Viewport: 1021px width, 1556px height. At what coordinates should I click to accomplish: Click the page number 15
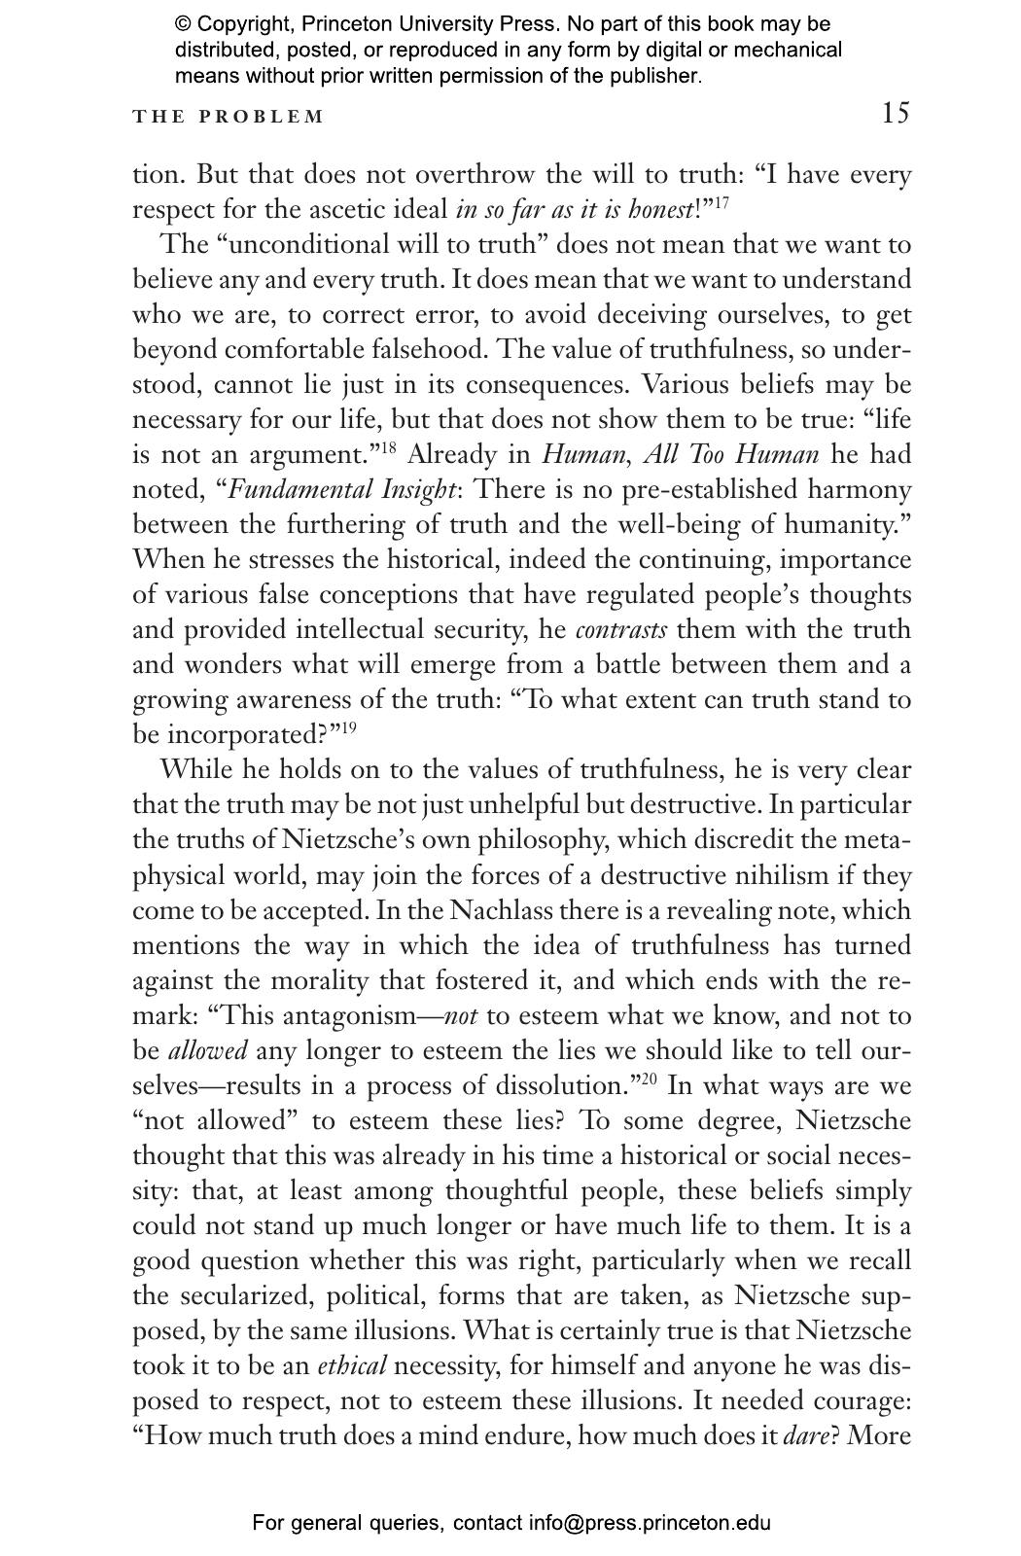pyautogui.click(x=896, y=114)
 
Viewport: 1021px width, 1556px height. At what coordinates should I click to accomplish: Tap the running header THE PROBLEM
pyautogui.click(x=229, y=118)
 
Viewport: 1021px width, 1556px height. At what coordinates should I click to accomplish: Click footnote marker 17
pyautogui.click(x=722, y=203)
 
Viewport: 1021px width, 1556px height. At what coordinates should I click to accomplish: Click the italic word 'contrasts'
pyautogui.click(x=621, y=630)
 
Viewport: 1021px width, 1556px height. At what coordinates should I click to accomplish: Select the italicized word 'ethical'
pyautogui.click(x=352, y=1366)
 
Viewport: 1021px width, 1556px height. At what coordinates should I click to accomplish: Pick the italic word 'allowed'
pyautogui.click(x=208, y=1051)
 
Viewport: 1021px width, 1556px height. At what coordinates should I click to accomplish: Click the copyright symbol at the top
pyautogui.click(x=184, y=24)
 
